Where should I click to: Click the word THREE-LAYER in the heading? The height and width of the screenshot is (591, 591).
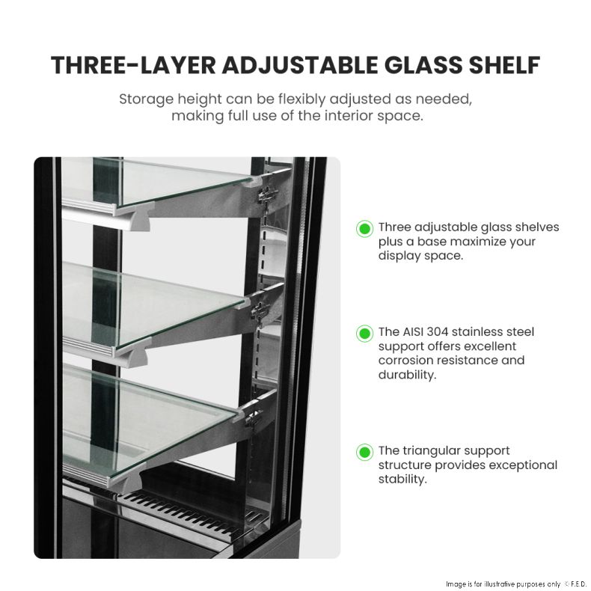132,65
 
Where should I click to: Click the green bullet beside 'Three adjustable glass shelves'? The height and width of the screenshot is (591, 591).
364,228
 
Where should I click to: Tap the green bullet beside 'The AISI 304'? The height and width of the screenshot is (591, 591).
364,333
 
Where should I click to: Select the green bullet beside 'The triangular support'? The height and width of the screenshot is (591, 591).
364,452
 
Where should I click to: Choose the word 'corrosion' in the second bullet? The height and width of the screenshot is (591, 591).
405,361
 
